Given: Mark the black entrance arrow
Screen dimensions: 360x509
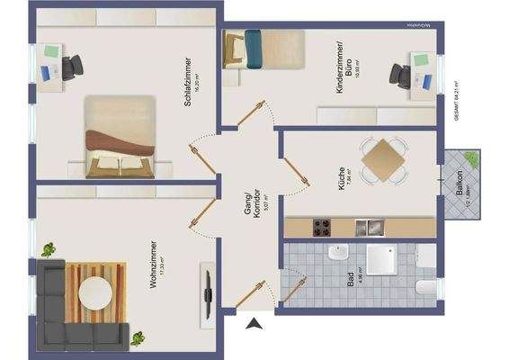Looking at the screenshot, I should coord(254,323).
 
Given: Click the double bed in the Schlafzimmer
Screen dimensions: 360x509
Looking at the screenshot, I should coord(121,139).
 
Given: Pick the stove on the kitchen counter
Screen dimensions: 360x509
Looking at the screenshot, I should coord(322,225).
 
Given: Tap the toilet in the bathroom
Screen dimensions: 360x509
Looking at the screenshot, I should coord(425,288).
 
